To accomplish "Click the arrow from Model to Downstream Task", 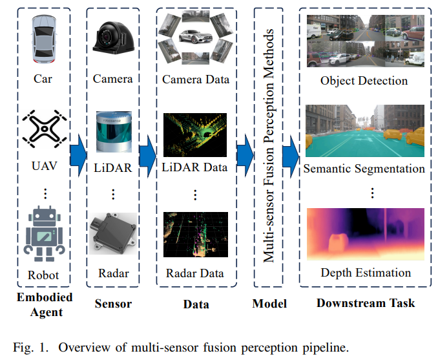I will tap(290, 153).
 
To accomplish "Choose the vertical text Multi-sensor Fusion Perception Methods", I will tap(272, 145).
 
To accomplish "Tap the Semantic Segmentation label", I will tap(364, 169).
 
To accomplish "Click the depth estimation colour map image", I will tap(365, 233).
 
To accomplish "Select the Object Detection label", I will tap(364, 81).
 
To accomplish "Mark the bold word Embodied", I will tap(43, 297).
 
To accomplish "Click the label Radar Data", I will tap(194, 273).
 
